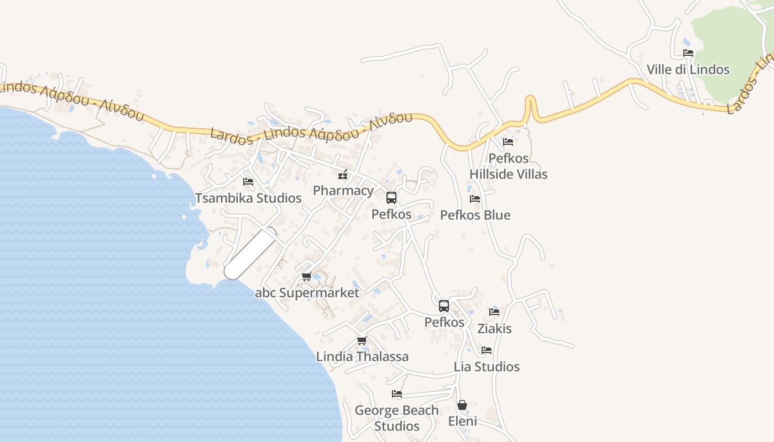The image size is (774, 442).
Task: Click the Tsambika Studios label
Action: click(x=248, y=198)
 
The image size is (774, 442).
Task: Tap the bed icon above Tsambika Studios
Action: click(x=248, y=181)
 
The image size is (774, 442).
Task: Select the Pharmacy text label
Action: click(x=343, y=191)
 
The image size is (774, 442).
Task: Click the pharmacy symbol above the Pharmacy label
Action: click(x=343, y=175)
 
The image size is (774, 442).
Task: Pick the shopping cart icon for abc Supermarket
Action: click(x=306, y=277)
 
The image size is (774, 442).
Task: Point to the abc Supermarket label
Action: click(x=307, y=293)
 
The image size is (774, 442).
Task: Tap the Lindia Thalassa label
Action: click(x=362, y=356)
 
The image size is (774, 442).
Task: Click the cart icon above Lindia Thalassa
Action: click(x=362, y=340)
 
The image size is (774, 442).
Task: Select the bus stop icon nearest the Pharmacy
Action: click(x=391, y=198)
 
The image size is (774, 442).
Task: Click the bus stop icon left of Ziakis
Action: click(x=444, y=306)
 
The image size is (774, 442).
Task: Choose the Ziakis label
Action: click(x=494, y=329)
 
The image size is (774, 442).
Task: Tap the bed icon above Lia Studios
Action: click(x=487, y=350)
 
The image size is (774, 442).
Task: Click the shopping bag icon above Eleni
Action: click(x=462, y=406)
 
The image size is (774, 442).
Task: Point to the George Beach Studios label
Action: click(x=396, y=418)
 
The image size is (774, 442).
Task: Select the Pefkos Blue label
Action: click(x=475, y=215)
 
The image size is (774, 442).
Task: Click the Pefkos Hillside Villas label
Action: click(x=508, y=166)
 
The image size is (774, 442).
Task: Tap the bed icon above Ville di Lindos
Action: click(x=688, y=53)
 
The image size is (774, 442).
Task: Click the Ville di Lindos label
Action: click(x=688, y=70)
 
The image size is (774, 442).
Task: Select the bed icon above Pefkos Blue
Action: click(x=475, y=199)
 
